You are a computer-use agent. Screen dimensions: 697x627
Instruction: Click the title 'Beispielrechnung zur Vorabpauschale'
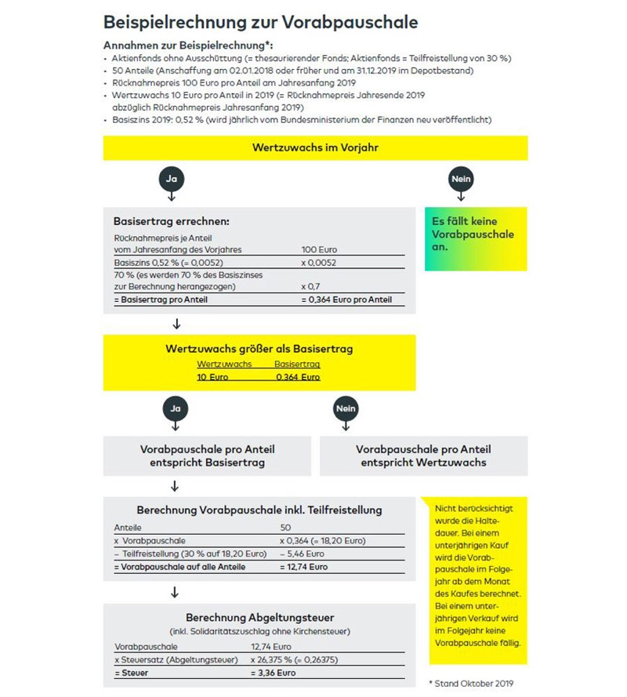coord(260,21)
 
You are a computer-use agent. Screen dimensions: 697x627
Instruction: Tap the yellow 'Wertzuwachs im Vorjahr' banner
coord(315,147)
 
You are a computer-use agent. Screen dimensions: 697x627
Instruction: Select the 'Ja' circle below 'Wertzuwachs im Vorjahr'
coord(172,179)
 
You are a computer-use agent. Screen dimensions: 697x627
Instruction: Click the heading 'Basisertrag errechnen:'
coord(172,222)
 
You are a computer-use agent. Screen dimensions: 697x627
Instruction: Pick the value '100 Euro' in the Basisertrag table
coord(319,249)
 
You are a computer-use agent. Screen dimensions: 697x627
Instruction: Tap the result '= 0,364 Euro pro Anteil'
coord(346,299)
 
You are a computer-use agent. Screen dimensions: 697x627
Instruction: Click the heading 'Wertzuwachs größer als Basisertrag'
coord(259,350)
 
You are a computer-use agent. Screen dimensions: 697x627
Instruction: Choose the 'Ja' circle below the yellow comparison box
coord(175,408)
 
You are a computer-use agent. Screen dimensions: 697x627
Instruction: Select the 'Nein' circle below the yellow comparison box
coord(346,408)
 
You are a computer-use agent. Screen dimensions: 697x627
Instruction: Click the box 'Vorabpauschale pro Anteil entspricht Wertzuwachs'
coord(423,456)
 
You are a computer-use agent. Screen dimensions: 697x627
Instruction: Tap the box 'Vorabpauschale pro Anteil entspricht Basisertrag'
coord(208,456)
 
